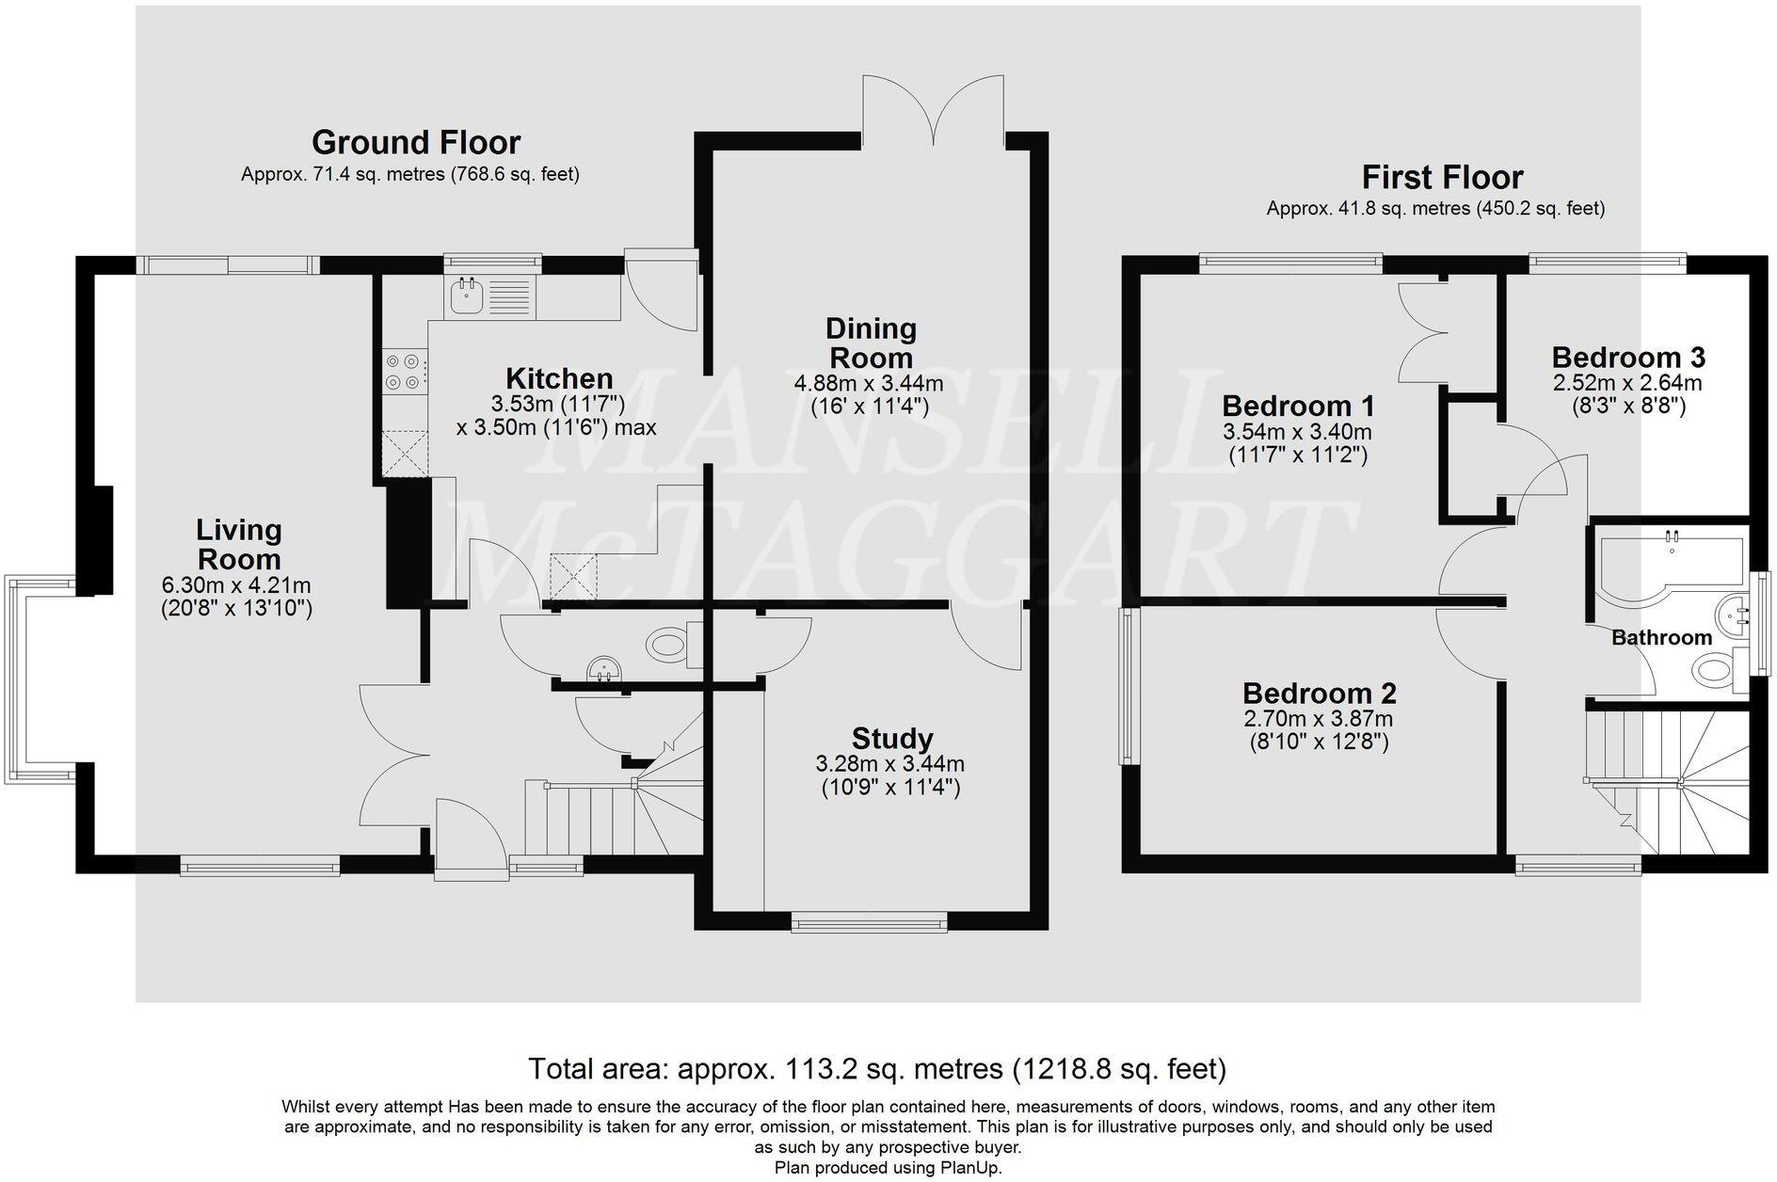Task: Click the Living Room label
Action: click(238, 544)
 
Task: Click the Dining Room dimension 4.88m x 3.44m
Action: click(869, 384)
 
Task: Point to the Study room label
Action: click(892, 738)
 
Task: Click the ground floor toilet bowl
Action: click(667, 646)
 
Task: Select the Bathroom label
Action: click(1661, 638)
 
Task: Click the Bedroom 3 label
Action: click(1628, 358)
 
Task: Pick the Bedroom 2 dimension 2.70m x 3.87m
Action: click(1319, 719)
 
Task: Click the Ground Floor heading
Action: click(416, 143)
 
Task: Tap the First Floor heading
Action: click(1443, 177)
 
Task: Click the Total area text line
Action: click(877, 1069)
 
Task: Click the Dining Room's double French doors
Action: click(933, 110)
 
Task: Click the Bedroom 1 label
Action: click(1298, 407)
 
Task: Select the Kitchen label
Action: click(559, 378)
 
